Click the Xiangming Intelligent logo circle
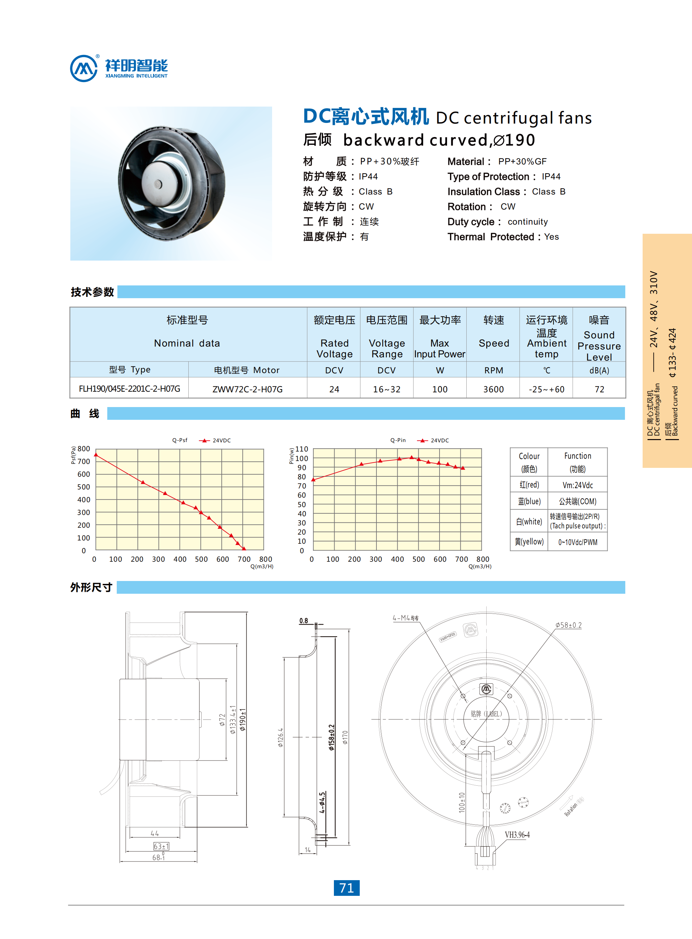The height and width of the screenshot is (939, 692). [84, 68]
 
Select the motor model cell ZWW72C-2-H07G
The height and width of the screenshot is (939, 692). [247, 389]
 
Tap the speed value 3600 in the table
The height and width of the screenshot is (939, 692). [493, 389]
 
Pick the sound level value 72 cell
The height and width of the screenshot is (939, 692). [599, 389]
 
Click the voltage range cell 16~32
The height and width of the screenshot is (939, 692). [387, 389]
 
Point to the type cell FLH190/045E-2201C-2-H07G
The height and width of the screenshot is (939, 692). [130, 389]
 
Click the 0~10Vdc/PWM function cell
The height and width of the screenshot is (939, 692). [578, 542]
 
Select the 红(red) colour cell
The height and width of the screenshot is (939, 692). [529, 485]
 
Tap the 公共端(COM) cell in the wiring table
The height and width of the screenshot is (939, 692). [578, 501]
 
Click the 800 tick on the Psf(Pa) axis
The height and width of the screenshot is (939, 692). [84, 449]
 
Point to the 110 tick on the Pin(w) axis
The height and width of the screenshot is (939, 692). [302, 449]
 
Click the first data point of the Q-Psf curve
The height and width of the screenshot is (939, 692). [96, 454]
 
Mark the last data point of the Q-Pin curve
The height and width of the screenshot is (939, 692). [463, 468]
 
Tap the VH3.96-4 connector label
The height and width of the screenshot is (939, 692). [517, 835]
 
